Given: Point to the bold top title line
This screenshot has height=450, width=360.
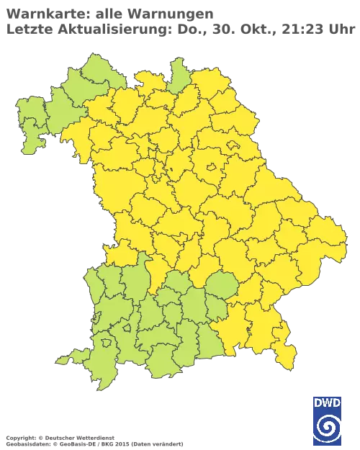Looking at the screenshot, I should tap(108, 12).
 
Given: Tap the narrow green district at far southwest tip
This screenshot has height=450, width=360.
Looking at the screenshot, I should tap(79, 357).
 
